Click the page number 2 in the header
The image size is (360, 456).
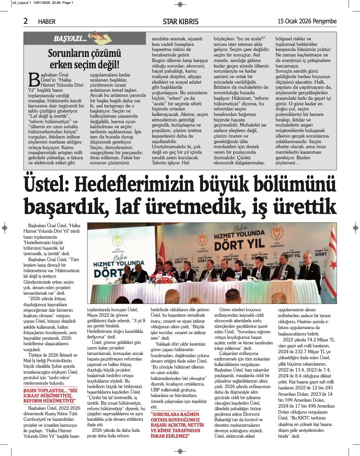click(26, 21)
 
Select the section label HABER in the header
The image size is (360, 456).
click(47, 22)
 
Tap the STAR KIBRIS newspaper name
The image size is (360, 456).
click(179, 22)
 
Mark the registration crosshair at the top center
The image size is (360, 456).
click(180, 4)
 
